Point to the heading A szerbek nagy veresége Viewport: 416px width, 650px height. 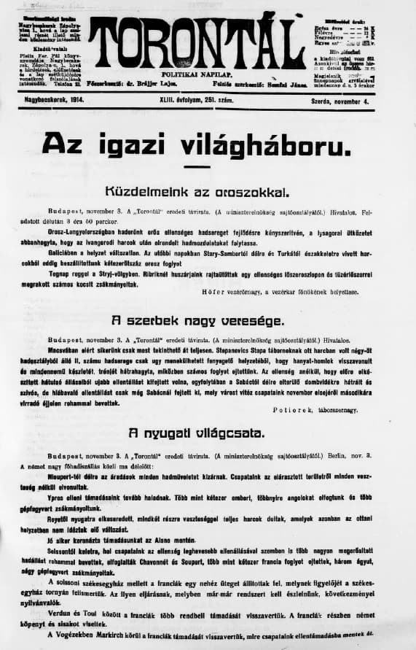pos(208,321)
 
